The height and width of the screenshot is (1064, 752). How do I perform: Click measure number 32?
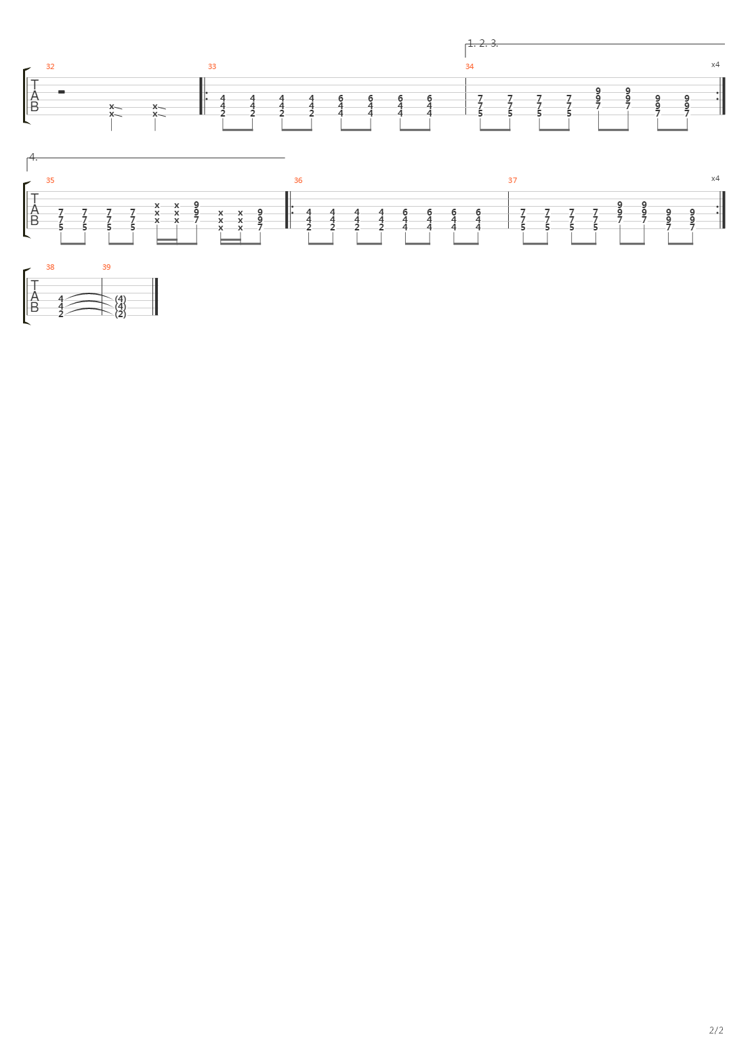(x=50, y=66)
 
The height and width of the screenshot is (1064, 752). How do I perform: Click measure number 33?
(x=212, y=66)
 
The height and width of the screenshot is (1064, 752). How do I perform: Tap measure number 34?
(x=469, y=66)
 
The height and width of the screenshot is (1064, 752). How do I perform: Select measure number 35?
(x=50, y=180)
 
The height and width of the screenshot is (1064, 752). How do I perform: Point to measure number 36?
(x=298, y=180)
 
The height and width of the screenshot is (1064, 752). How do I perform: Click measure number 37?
(x=512, y=180)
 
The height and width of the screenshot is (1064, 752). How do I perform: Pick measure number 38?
(x=50, y=267)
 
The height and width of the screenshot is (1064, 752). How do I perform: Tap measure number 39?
(x=106, y=267)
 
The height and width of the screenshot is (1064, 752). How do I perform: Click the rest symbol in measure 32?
(x=61, y=91)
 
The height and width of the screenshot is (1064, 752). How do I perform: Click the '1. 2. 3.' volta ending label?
(x=483, y=43)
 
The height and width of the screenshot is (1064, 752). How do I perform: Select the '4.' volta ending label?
(x=33, y=157)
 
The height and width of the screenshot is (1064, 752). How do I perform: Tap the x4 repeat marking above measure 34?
(x=715, y=64)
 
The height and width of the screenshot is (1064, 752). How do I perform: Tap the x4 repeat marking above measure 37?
(x=715, y=179)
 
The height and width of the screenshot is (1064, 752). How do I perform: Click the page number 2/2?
(x=716, y=1030)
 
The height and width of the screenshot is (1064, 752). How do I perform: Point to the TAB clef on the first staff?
(x=34, y=96)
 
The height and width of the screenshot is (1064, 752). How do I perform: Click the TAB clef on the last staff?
(x=34, y=296)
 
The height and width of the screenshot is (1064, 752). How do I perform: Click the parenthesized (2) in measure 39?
(x=121, y=314)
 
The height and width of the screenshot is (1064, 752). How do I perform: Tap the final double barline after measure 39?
(x=155, y=296)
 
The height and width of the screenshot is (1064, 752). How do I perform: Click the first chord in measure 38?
(x=61, y=306)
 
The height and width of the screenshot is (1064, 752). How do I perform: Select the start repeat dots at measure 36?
(x=293, y=209)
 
